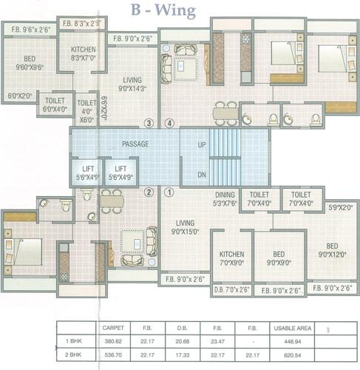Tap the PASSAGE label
pos(135,144)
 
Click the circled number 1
pos(169,192)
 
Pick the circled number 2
pos(149,192)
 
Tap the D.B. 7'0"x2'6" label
pos(231,291)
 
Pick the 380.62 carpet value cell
pos(111,341)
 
